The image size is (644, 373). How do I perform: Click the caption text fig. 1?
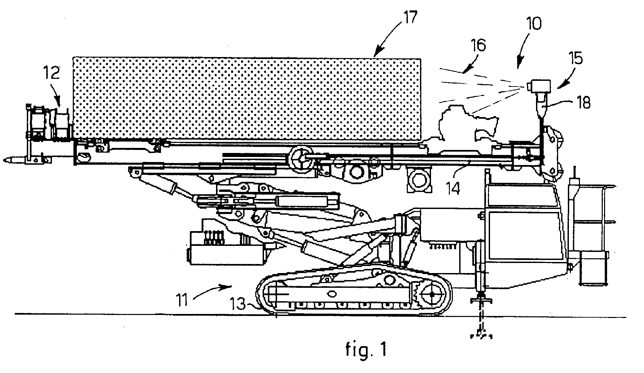(x=366, y=349)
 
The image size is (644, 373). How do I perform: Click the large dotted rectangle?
(x=247, y=99)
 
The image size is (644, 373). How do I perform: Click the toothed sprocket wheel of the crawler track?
(x=432, y=294)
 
